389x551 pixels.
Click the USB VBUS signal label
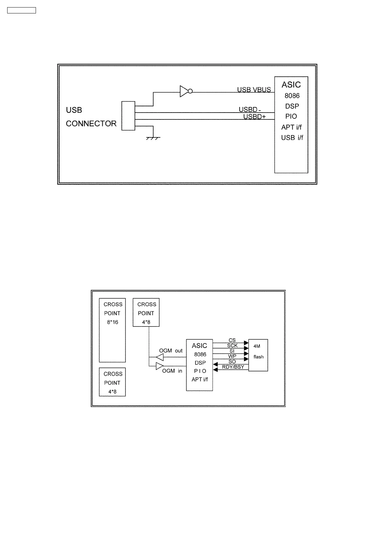click(x=254, y=90)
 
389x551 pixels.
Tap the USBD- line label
click(x=250, y=110)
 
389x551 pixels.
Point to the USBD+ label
click(x=254, y=116)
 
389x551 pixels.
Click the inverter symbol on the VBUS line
click(x=185, y=91)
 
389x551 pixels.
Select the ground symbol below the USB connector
click(x=153, y=138)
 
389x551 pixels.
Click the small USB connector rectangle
click(x=128, y=116)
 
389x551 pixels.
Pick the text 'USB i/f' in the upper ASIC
click(x=292, y=138)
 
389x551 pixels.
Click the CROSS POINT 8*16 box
click(x=112, y=330)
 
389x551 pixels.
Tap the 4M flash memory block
click(x=258, y=355)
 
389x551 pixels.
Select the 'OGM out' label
click(x=171, y=351)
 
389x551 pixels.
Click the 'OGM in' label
click(x=172, y=371)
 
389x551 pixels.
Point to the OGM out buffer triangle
click(x=160, y=357)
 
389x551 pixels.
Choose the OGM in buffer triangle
click(x=160, y=366)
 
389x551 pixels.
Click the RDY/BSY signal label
click(x=233, y=367)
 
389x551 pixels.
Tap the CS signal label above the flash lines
click(x=232, y=340)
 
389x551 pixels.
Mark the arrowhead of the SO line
click(x=215, y=364)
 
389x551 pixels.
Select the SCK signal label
click(x=232, y=346)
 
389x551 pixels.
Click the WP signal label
click(x=232, y=356)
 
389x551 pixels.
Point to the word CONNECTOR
click(x=91, y=124)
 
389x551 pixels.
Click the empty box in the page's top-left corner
click(x=22, y=10)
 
